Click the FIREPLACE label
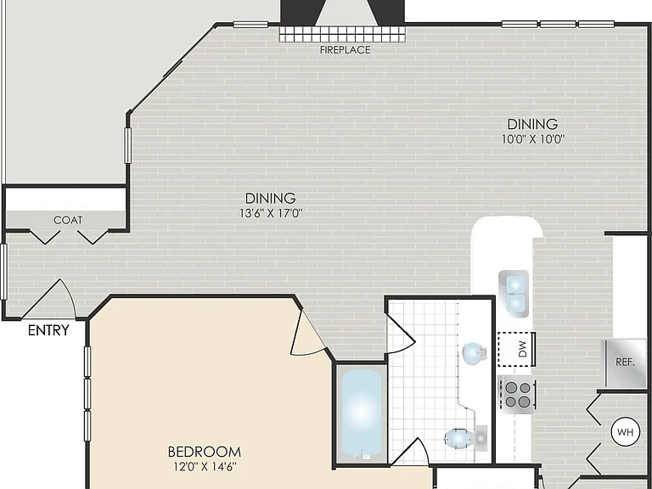[x=345, y=50]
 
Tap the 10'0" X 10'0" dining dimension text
[x=532, y=139]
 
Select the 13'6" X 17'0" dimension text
[x=271, y=213]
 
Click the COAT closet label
[x=68, y=220]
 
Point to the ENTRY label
[x=48, y=330]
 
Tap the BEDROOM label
[x=204, y=452]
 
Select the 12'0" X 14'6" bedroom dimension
[x=204, y=467]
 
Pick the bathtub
[x=361, y=414]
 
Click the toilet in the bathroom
[x=466, y=438]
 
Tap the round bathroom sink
[x=474, y=354]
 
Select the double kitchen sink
[x=514, y=294]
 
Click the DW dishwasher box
[x=516, y=349]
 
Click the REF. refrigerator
[x=625, y=363]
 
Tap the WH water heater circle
[x=626, y=432]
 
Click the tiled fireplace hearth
[x=342, y=34]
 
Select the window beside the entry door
[x=3, y=272]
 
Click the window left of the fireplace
[x=250, y=25]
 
